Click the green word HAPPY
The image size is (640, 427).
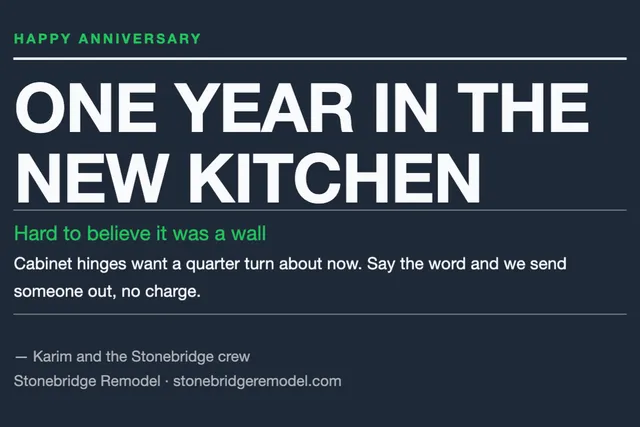42,39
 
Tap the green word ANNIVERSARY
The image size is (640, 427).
140,39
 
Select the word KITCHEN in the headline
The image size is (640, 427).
334,178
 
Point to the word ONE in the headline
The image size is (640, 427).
86,107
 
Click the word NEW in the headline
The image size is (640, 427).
91,178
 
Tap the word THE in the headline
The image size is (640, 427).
523,107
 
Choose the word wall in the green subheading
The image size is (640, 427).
249,234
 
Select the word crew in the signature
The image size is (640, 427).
234,357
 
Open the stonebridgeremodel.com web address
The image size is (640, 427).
257,381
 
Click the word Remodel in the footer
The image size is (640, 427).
130,381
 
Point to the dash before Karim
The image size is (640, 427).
21,357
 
